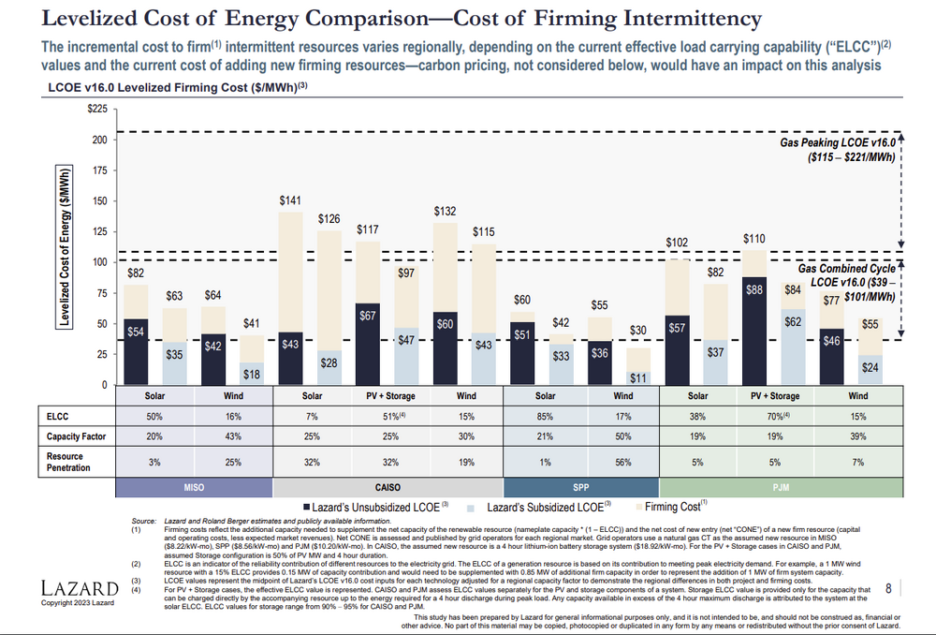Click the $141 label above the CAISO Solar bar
click(291, 200)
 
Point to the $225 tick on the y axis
click(95, 110)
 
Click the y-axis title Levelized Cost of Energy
click(65, 247)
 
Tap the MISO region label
click(194, 488)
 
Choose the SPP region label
click(581, 488)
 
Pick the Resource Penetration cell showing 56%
click(622, 462)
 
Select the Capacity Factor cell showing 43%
click(234, 436)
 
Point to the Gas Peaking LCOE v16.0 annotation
click(838, 150)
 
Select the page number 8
click(887, 587)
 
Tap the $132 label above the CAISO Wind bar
click(446, 212)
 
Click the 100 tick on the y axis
click(98, 262)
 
